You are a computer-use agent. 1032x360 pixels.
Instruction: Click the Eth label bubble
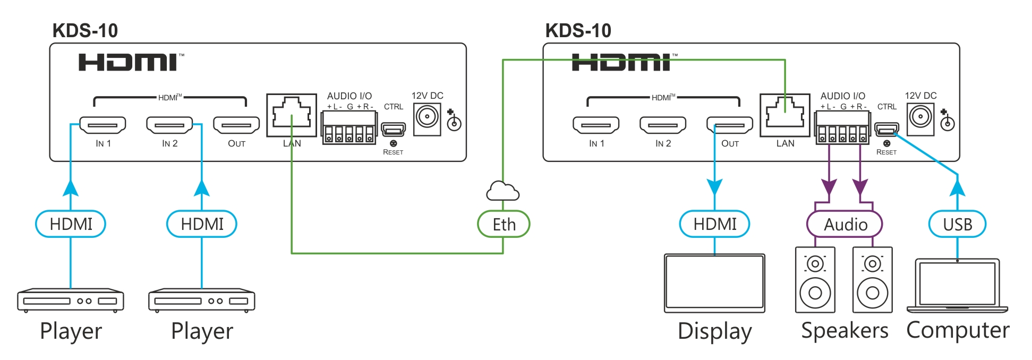pyautogui.click(x=504, y=224)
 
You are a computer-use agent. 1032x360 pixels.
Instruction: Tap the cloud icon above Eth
pyautogui.click(x=502, y=191)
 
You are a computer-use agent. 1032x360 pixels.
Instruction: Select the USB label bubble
pyautogui.click(x=957, y=224)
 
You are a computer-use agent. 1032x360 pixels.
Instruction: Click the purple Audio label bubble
pyautogui.click(x=845, y=224)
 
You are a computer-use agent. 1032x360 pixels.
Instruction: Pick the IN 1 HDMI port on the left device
pyautogui.click(x=103, y=125)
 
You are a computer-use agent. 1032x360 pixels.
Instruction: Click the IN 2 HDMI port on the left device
pyautogui.click(x=169, y=125)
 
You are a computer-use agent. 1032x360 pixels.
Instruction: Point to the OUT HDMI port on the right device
pyautogui.click(x=729, y=125)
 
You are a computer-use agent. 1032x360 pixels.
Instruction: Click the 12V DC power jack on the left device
pyautogui.click(x=427, y=117)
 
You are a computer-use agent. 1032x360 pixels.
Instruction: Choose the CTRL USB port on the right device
pyautogui.click(x=887, y=129)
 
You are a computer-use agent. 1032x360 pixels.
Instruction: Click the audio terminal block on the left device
pyautogui.click(x=349, y=128)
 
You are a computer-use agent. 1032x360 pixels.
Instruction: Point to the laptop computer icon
pyautogui.click(x=957, y=286)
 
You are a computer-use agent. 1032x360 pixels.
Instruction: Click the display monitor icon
pyautogui.click(x=714, y=283)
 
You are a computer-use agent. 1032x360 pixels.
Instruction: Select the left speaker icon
pyautogui.click(x=815, y=280)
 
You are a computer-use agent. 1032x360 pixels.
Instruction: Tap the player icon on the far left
pyautogui.click(x=71, y=300)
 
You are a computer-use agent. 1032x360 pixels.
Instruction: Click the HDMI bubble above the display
pyautogui.click(x=714, y=224)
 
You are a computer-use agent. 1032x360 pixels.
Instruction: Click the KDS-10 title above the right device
pyautogui.click(x=578, y=31)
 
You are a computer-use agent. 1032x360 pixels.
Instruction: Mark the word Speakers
pyautogui.click(x=845, y=330)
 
